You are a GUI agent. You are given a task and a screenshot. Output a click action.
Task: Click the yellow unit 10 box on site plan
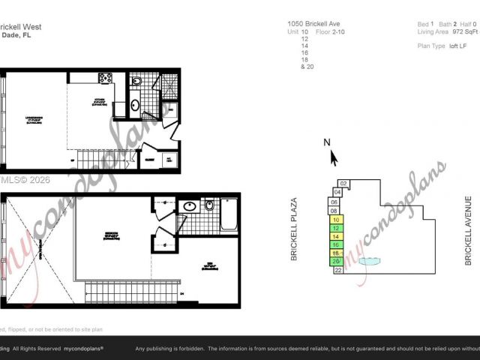pyautogui.click(x=337, y=220)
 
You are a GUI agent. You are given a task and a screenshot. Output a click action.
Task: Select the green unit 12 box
pyautogui.click(x=337, y=228)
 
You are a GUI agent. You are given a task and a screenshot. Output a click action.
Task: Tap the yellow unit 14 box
pyautogui.click(x=337, y=236)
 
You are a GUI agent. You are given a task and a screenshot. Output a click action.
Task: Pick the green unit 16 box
pyautogui.click(x=337, y=244)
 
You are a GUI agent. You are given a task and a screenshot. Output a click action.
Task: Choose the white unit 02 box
pyautogui.click(x=343, y=183)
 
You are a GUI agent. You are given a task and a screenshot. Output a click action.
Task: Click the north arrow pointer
pyautogui.click(x=334, y=158)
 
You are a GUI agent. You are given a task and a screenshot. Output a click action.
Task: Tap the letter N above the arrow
pyautogui.click(x=327, y=142)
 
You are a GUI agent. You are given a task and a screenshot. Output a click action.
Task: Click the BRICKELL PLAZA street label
pyautogui.click(x=295, y=229)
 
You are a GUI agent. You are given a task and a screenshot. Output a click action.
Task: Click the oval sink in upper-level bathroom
pyautogui.click(x=190, y=205)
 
